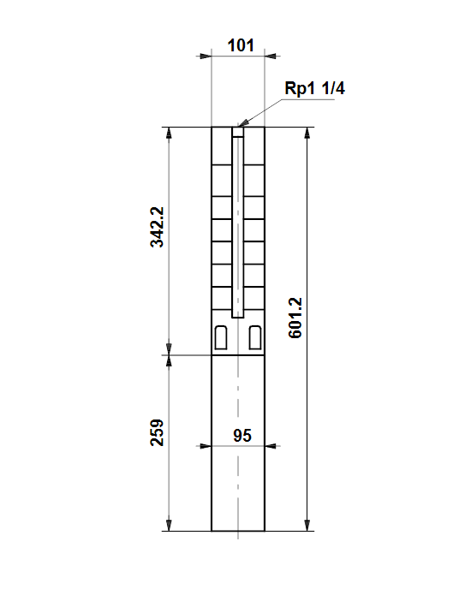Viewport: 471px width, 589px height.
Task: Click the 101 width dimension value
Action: [241, 45]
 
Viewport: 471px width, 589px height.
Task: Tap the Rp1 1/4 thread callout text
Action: [314, 88]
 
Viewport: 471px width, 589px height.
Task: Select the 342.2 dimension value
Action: [157, 227]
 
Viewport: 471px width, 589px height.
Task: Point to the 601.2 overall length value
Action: [295, 318]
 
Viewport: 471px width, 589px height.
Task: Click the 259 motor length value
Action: [157, 432]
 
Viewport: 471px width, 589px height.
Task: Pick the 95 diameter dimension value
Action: [242, 436]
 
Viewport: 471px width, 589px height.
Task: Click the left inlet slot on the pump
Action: [221, 337]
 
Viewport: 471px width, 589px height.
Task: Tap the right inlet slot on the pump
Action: [255, 337]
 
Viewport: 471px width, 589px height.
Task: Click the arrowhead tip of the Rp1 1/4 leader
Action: [238, 126]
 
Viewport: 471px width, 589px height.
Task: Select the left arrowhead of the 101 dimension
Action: [206, 57]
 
